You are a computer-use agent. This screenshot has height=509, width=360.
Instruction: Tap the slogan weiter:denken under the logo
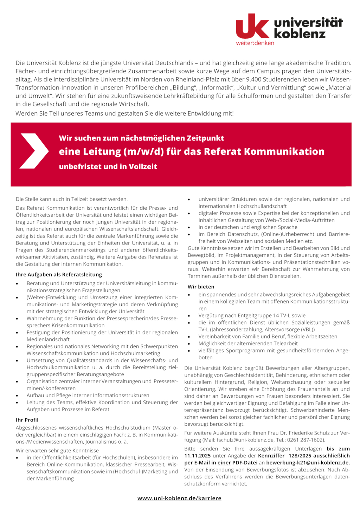coord(255,43)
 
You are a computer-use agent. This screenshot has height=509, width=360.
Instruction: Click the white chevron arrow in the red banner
coord(34,151)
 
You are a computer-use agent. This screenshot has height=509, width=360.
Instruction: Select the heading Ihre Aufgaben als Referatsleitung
coord(59,275)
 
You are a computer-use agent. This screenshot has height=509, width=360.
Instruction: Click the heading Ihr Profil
coord(27,420)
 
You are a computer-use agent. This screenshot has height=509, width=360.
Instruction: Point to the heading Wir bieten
coord(201,287)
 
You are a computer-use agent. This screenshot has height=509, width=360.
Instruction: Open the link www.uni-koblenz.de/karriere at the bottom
coord(179,498)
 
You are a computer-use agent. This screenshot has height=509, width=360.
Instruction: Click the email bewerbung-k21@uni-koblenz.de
coord(308,463)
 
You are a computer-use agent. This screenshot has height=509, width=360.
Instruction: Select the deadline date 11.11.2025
coord(198,456)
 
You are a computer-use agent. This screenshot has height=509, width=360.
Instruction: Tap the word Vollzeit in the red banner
coord(143,167)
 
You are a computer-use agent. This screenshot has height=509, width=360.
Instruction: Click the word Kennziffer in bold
coord(271,456)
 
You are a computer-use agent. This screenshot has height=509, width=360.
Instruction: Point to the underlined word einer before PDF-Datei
coord(224,463)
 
